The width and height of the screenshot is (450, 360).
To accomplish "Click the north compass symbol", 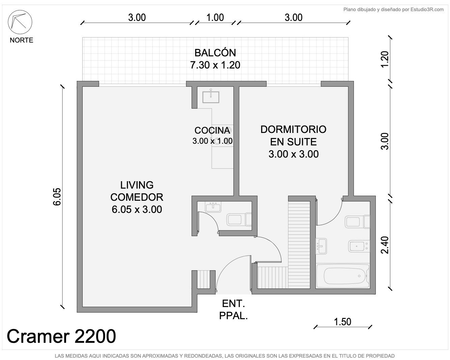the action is coord(20,22).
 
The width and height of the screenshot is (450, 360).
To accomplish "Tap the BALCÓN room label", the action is coord(215,53).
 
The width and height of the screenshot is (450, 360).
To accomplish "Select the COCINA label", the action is coord(212,130).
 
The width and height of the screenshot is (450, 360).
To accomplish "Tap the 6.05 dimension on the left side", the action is coord(57,197).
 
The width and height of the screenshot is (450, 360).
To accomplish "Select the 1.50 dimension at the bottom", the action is coord(342,322).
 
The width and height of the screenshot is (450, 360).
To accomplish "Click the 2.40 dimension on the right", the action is coord(385,245).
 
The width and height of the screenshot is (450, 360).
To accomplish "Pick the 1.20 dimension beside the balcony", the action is coord(385,59).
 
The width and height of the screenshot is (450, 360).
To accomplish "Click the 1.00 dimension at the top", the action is coord(215,17).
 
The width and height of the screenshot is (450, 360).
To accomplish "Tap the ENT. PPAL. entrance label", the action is coord(233,310).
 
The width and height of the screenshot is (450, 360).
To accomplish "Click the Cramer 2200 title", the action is coord(61,336).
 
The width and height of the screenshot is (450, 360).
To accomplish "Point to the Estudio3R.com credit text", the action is coord(394,9).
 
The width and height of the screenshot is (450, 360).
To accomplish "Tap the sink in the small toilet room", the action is coord(213,207).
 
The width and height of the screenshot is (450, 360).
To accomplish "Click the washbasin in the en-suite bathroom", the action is coord(321,246).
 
